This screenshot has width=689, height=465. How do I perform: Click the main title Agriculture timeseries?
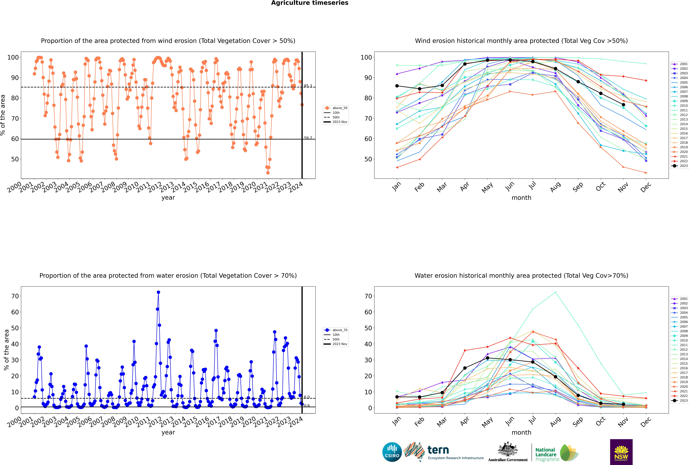[x=310, y=3]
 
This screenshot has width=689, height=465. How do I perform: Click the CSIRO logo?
[x=392, y=452]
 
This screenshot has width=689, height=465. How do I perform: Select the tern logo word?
[x=438, y=450]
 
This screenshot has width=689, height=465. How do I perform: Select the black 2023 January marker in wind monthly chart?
[x=397, y=86]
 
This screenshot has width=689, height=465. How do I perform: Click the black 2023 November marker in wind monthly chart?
[x=623, y=105]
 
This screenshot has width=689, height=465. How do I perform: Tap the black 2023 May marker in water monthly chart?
[x=488, y=358]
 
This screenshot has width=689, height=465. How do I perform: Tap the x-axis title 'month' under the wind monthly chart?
[x=521, y=198]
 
